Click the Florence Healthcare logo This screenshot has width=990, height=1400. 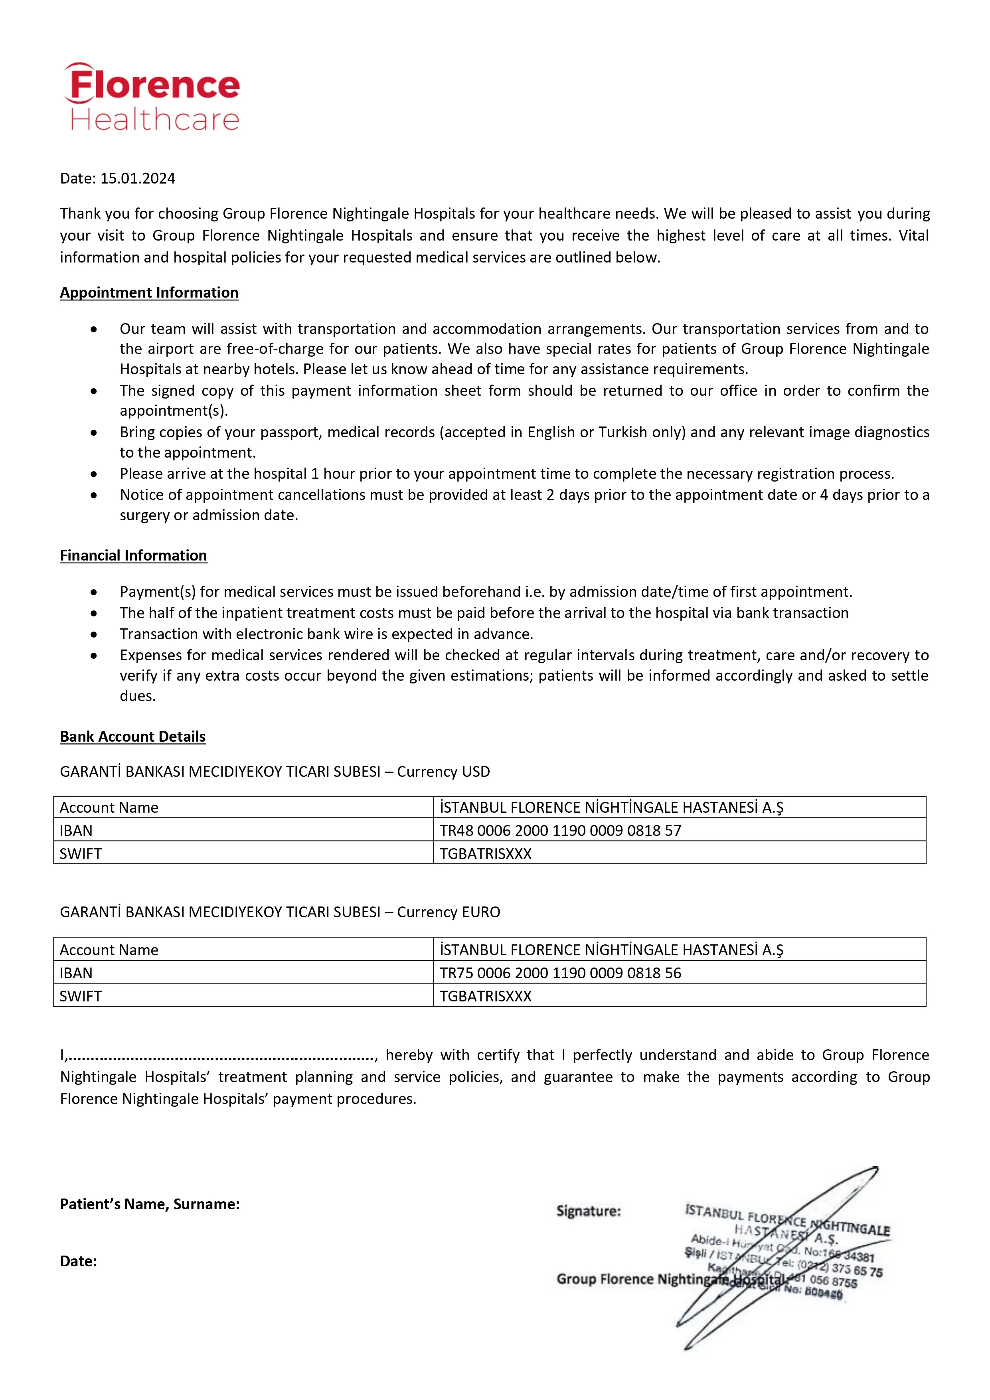click(x=152, y=98)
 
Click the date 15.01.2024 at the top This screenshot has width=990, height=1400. click(x=137, y=179)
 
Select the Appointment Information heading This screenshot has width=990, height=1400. click(x=149, y=293)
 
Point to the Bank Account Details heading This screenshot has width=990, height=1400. click(x=132, y=737)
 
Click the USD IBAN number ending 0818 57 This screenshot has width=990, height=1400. click(x=560, y=831)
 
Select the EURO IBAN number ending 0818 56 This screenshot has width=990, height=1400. click(x=560, y=973)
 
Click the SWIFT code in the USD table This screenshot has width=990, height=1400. click(x=486, y=854)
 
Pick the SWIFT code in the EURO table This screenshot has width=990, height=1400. click(x=486, y=996)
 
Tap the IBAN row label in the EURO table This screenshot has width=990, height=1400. click(x=76, y=973)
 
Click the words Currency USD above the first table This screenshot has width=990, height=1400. click(x=443, y=772)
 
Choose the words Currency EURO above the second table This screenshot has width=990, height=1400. click(x=449, y=912)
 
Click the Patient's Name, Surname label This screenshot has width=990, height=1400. click(x=150, y=1204)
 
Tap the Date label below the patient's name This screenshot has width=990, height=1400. click(x=78, y=1262)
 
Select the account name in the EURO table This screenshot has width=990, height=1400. click(x=611, y=950)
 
